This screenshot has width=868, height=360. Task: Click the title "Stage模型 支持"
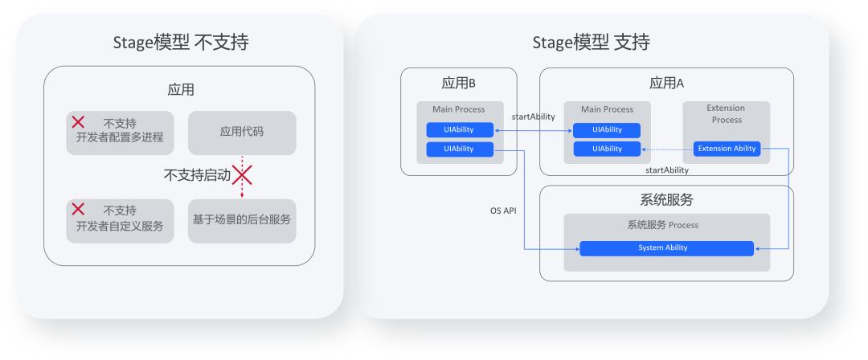pyautogui.click(x=591, y=42)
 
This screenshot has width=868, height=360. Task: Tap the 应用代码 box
pyautogui.click(x=242, y=133)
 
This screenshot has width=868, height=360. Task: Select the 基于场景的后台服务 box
pyautogui.click(x=242, y=219)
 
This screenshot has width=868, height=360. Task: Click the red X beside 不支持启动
pyautogui.click(x=242, y=174)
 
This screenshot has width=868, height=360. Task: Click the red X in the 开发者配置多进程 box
pyautogui.click(x=79, y=122)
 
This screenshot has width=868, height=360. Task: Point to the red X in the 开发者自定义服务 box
pyautogui.click(x=79, y=209)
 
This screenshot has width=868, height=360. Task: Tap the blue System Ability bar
pyautogui.click(x=667, y=248)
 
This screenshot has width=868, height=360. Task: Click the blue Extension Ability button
pyautogui.click(x=727, y=149)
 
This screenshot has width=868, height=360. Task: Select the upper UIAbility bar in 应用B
pyautogui.click(x=460, y=130)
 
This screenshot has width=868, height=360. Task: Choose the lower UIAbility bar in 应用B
pyautogui.click(x=460, y=149)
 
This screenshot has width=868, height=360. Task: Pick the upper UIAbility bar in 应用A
pyautogui.click(x=607, y=130)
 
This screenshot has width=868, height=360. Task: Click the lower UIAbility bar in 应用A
pyautogui.click(x=607, y=149)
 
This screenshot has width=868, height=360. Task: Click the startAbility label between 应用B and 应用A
pyautogui.click(x=533, y=117)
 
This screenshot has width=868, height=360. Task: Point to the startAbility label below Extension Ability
pyautogui.click(x=667, y=170)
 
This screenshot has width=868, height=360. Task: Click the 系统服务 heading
pyautogui.click(x=665, y=199)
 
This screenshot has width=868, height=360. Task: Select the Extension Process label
pyautogui.click(x=726, y=113)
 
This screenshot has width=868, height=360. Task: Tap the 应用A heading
pyautogui.click(x=666, y=83)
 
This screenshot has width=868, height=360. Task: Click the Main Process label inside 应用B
pyautogui.click(x=459, y=109)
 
